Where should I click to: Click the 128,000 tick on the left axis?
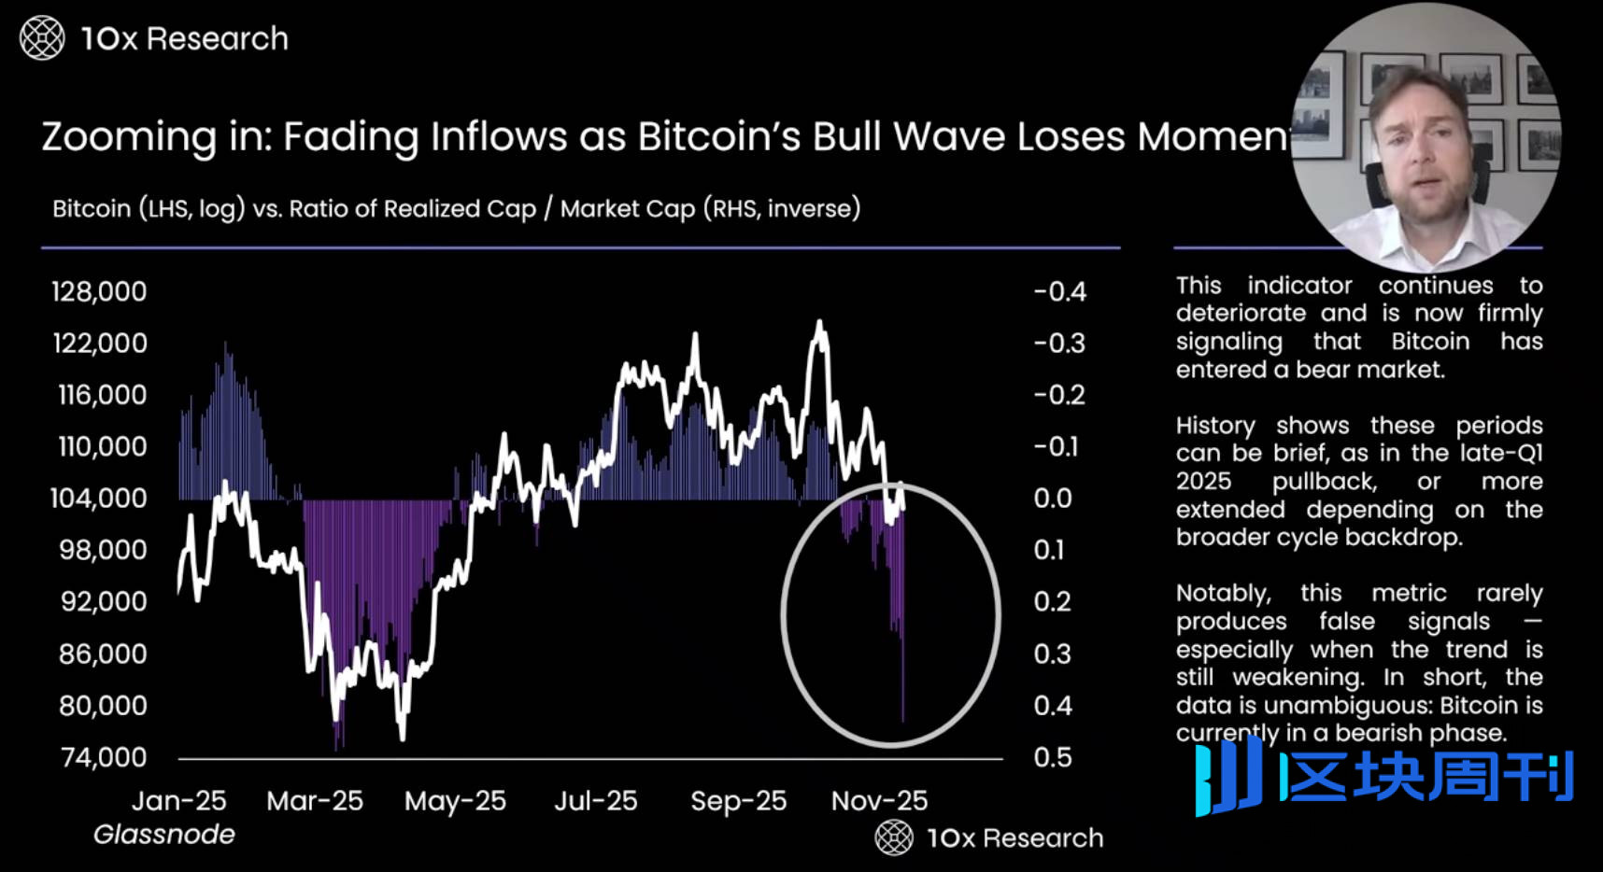coord(99,291)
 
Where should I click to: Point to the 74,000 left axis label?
coord(104,757)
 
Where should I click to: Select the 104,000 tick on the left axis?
coord(98,499)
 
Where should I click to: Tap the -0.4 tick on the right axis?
coord(1060,291)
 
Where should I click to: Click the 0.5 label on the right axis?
coord(1053,757)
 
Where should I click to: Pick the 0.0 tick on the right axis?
coord(1053,499)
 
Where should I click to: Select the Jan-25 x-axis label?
coord(178,801)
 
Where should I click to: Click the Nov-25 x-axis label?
coord(879,801)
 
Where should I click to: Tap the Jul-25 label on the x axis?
coord(596,801)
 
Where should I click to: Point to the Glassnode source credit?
coord(164,835)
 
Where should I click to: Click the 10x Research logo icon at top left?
coord(42,38)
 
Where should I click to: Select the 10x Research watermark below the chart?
coord(990,837)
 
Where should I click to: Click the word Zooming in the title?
coord(129,137)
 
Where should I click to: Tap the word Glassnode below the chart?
coord(164,835)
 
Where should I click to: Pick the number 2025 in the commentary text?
coord(1203,482)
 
